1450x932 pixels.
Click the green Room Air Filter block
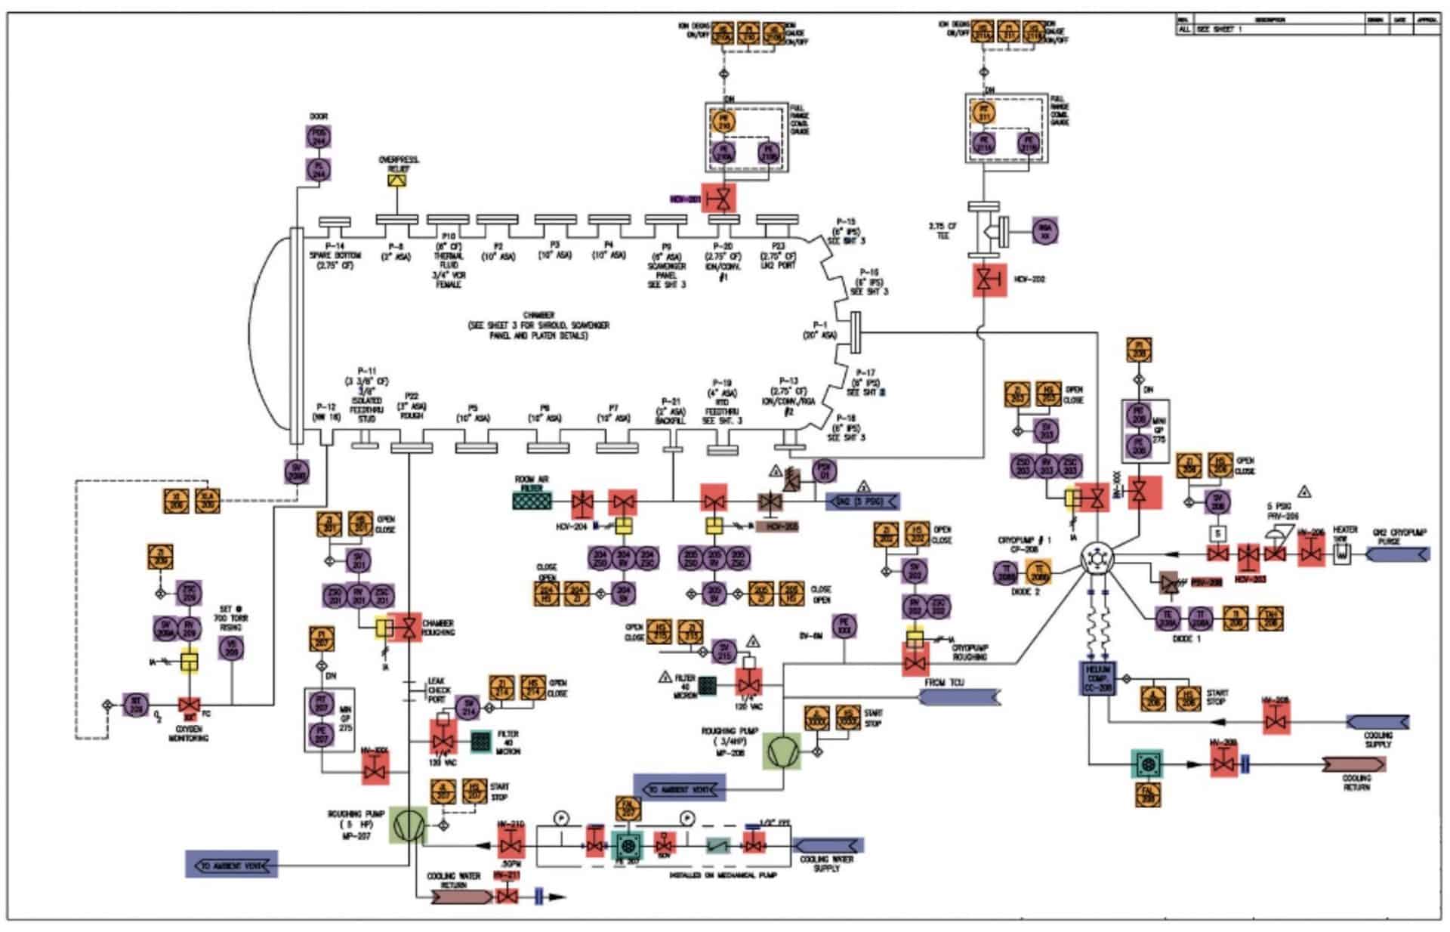(x=532, y=501)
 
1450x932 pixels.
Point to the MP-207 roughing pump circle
(x=408, y=825)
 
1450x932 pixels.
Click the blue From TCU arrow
(x=959, y=696)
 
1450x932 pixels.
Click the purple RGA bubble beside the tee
(x=1045, y=230)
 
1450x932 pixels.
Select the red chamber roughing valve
(x=409, y=627)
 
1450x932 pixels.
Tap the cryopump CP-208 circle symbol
(x=1097, y=559)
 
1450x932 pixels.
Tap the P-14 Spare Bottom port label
(x=335, y=251)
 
